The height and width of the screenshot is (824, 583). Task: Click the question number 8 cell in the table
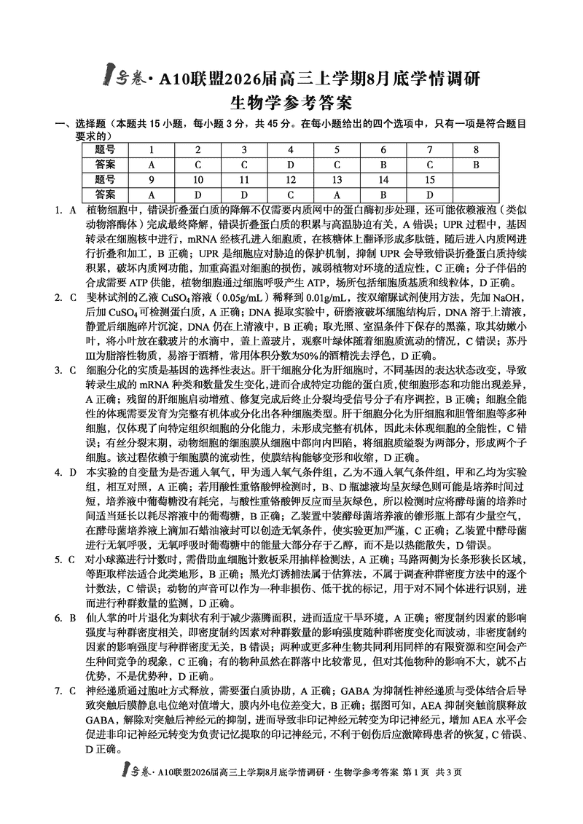(x=476, y=149)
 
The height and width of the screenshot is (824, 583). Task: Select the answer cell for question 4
(x=290, y=165)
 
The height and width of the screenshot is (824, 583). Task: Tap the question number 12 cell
(x=290, y=179)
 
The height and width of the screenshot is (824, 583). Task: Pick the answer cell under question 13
(x=337, y=195)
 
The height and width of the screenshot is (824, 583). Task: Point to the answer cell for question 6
(x=383, y=165)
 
